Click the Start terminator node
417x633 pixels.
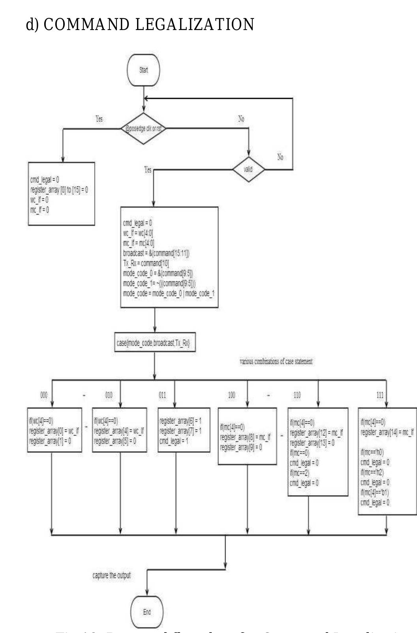143,70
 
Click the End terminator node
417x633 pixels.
147,612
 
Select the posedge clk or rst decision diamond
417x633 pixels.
143,128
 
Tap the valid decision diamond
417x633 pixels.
248,169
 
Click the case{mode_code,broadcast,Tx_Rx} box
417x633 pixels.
155,343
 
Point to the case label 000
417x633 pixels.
44,395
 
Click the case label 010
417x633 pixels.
109,395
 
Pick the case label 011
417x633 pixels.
162,395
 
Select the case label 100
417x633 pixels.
232,395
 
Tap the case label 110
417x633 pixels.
297,395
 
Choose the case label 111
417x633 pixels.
380,395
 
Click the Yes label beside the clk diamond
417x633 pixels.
99,119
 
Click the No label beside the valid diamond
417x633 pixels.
280,157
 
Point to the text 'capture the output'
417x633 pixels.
111,575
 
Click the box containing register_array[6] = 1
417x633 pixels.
184,430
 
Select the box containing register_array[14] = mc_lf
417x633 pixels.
387,461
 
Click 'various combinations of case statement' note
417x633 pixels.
276,361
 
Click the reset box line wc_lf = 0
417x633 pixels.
39,200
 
